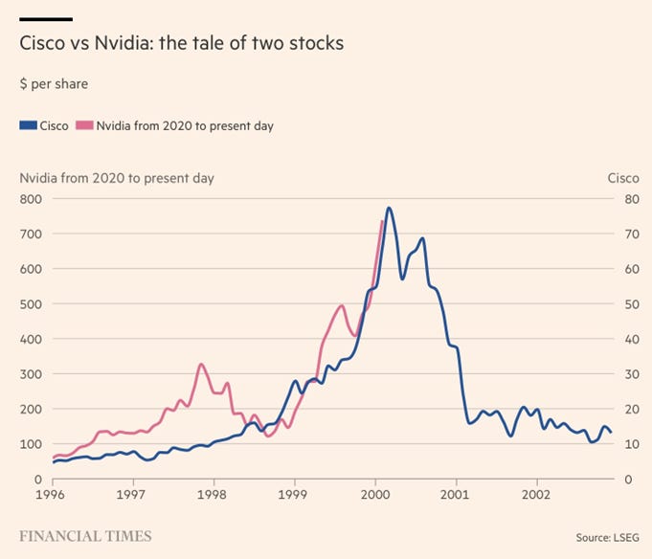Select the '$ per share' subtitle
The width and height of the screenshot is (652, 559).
54,84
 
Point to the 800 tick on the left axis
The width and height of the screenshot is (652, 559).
32,199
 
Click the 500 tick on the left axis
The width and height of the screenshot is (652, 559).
32,304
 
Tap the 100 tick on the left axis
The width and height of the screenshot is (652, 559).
32,444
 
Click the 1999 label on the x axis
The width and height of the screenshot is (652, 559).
294,497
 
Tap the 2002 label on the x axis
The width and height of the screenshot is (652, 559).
537,497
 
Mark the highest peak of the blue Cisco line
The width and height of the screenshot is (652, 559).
389,208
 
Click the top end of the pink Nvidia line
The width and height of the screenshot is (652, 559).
382,221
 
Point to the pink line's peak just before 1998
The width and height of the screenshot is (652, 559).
200,364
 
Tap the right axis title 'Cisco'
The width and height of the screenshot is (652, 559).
623,178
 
